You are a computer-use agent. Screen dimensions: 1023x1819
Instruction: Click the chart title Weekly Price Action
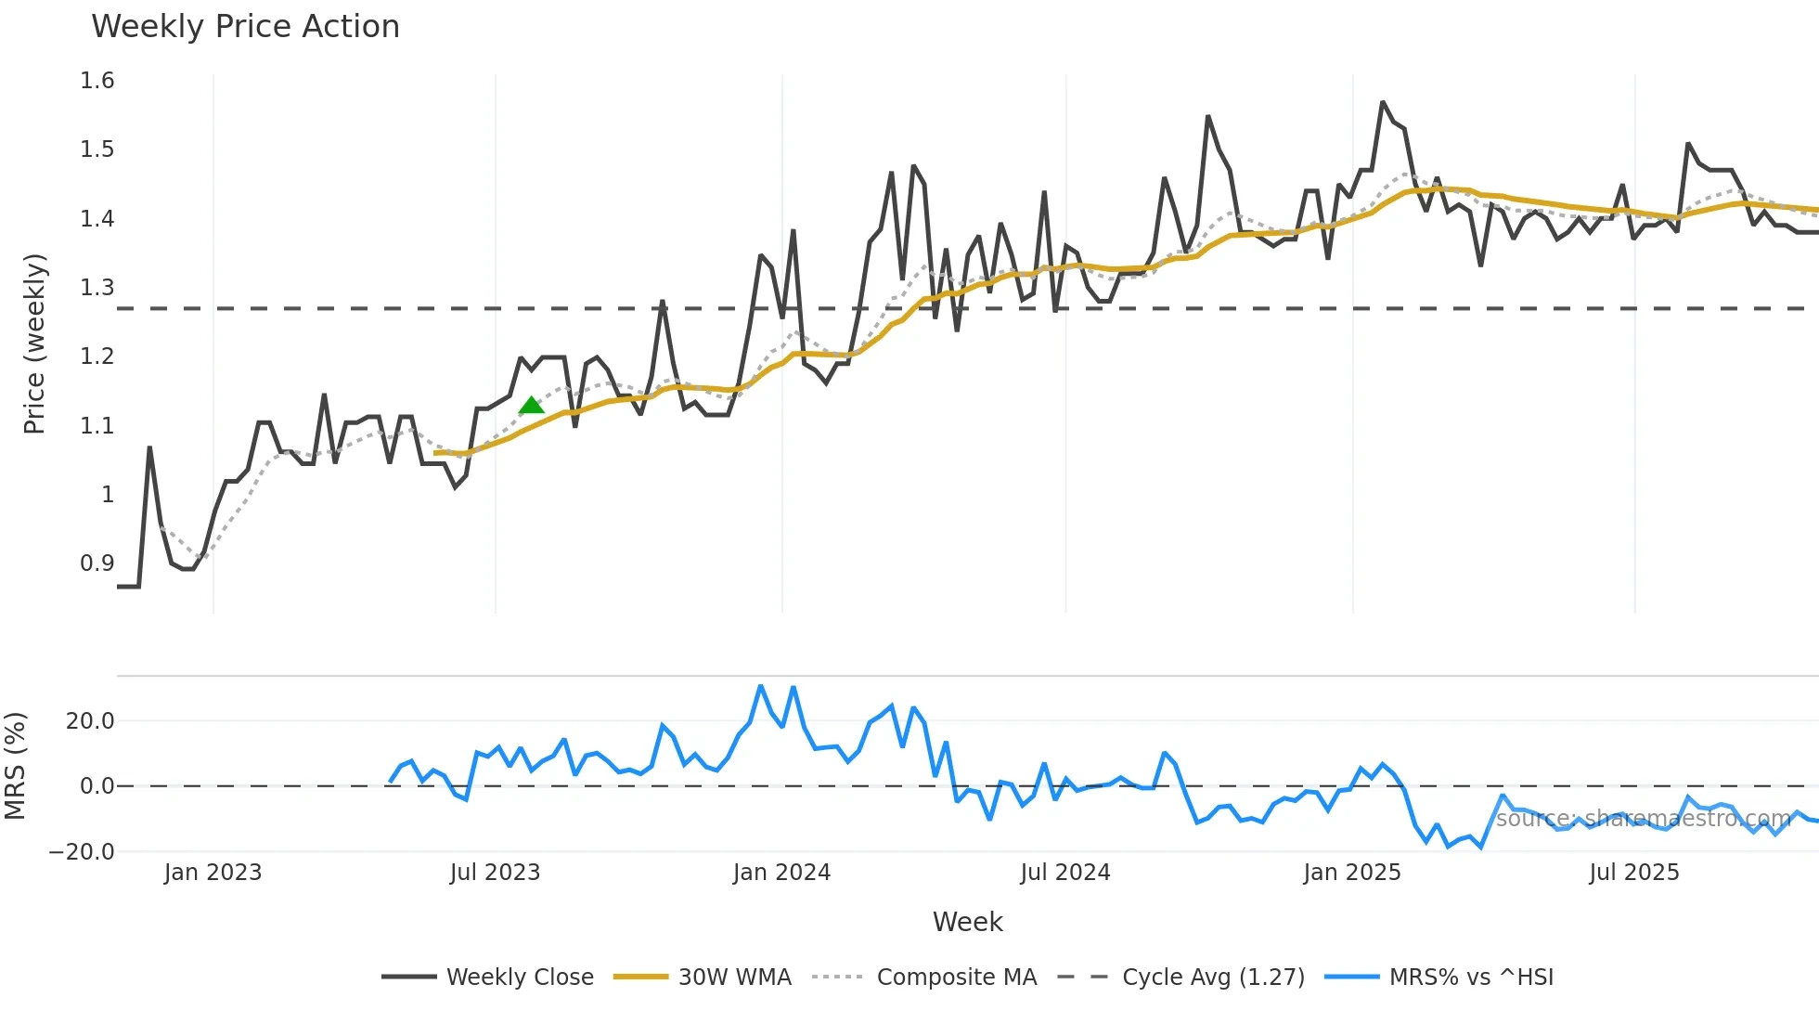pos(245,27)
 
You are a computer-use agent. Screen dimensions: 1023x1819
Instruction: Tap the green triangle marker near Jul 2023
pos(531,406)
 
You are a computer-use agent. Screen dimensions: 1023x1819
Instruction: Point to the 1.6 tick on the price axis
pos(97,81)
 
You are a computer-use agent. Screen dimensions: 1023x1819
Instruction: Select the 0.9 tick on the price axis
pos(97,563)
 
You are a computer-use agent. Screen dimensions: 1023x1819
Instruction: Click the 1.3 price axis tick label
pos(97,288)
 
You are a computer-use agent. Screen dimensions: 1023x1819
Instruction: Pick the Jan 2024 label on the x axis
pos(781,873)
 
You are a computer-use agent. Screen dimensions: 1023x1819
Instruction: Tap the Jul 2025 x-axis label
pos(1633,873)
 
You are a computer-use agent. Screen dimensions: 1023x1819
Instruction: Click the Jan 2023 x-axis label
pos(213,873)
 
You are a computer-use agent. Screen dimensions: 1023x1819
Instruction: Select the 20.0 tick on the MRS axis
pos(90,721)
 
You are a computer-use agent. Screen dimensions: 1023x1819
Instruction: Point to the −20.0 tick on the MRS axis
pos(82,852)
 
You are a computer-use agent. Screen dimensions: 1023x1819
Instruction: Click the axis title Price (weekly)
pos(34,343)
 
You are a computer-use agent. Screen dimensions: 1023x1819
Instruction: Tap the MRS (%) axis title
pos(15,766)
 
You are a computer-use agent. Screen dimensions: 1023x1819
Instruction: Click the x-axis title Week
pos(967,922)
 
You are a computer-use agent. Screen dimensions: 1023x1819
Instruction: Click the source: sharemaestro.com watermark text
pos(1643,819)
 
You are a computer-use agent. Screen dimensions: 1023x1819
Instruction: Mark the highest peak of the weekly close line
pos(1382,102)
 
